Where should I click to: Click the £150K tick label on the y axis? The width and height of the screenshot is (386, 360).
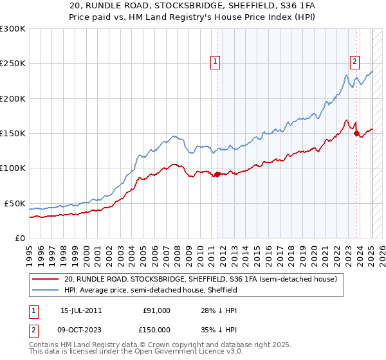click(12, 134)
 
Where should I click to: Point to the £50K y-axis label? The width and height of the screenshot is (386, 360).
click(14, 203)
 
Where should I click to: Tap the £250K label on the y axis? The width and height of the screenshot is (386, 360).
click(12, 64)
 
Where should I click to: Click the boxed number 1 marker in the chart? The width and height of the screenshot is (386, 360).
click(215, 62)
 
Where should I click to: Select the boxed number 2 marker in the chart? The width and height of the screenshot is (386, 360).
click(354, 62)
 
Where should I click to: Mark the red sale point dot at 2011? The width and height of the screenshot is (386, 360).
click(217, 174)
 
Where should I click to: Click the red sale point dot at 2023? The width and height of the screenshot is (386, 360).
click(357, 133)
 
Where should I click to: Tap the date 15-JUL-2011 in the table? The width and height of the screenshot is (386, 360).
click(80, 310)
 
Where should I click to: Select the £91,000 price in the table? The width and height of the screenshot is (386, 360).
click(156, 310)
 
